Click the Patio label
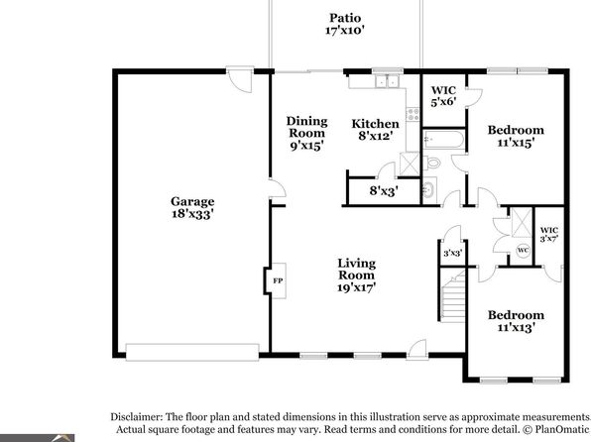[345, 18]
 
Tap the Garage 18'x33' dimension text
[192, 214]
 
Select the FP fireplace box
[279, 280]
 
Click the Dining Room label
[306, 127]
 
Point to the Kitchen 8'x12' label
[376, 130]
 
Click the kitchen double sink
[388, 81]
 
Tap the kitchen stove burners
[414, 114]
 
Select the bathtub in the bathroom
[443, 139]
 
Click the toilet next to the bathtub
[432, 164]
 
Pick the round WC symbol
[523, 250]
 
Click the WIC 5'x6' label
[443, 96]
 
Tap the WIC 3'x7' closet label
[549, 234]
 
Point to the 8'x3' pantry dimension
[384, 191]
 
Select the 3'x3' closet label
[452, 254]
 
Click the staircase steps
[453, 297]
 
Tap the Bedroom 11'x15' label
[516, 137]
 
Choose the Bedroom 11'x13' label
[516, 321]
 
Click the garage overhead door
[192, 352]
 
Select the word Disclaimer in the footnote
[137, 417]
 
